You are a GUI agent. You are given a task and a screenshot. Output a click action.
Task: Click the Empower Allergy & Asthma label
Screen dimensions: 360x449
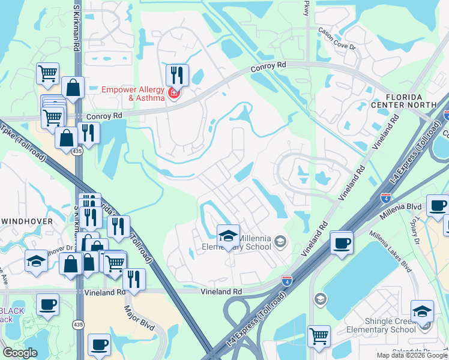coord(133,94)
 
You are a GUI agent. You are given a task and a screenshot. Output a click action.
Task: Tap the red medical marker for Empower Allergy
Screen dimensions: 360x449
coord(173,93)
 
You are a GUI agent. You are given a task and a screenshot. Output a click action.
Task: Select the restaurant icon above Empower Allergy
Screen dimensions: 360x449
coord(178,76)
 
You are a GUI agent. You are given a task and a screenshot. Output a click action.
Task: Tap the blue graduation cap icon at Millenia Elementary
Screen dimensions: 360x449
coord(228,236)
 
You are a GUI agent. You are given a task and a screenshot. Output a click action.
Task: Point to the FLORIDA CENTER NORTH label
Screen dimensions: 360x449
coord(411,101)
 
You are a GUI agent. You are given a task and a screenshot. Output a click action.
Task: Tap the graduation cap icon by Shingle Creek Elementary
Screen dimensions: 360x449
coord(422,311)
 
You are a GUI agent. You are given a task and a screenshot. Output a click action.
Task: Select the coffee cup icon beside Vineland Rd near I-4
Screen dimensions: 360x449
coord(342,242)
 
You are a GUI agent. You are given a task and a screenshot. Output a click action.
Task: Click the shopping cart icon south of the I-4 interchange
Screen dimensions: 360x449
coord(319,335)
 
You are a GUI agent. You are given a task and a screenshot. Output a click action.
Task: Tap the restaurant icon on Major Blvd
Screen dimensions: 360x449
coord(134,280)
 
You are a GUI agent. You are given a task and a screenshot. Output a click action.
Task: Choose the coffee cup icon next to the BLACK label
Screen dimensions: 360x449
coord(47,304)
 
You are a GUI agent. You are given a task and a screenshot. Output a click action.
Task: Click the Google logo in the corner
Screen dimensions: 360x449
coord(20,353)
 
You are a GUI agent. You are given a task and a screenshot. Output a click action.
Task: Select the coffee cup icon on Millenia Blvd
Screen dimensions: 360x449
coord(438,206)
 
